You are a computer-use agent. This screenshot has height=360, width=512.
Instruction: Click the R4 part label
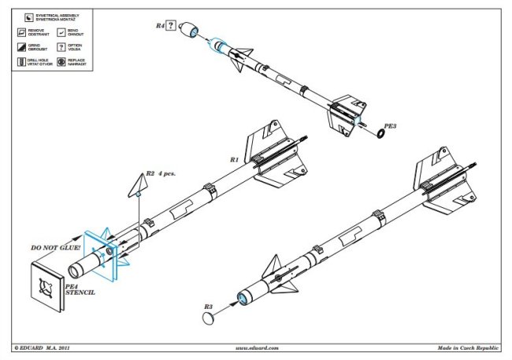point(160,26)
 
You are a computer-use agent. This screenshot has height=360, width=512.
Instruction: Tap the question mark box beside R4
point(171,26)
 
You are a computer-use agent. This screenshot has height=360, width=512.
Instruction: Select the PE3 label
point(390,125)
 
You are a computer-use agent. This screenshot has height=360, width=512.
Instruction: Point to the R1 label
point(234,159)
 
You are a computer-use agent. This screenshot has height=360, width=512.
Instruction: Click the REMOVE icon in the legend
point(20,31)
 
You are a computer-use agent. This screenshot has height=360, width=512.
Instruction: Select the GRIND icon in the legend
point(20,46)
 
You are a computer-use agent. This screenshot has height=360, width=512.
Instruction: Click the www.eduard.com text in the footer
point(256,347)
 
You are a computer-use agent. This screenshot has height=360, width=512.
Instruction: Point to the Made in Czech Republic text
point(469,347)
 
